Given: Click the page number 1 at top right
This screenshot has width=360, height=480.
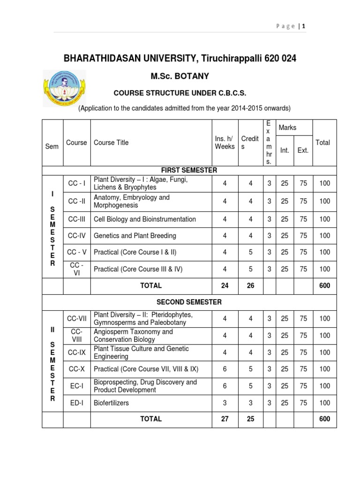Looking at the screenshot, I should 304,26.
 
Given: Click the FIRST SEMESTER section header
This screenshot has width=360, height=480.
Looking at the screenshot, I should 189,170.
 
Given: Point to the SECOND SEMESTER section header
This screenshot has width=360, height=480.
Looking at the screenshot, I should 189,302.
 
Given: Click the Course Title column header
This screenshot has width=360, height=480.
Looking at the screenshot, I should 111,142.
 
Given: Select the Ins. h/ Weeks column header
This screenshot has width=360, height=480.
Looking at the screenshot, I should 225,142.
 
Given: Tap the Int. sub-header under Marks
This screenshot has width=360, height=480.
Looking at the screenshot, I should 285,150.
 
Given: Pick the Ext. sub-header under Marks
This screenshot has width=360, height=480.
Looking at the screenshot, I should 303,150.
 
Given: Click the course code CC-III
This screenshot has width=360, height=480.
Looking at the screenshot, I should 76,219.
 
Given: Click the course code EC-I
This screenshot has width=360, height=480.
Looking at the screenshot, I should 76,386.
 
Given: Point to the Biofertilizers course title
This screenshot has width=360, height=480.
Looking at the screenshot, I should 112,403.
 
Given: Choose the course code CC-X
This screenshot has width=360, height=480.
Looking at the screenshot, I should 76,369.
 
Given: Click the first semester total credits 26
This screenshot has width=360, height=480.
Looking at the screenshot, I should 250,285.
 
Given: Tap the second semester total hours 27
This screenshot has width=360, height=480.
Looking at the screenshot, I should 225,419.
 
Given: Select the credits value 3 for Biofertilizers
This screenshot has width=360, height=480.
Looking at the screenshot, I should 250,403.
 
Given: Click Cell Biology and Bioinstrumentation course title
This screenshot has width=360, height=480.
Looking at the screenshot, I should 145,219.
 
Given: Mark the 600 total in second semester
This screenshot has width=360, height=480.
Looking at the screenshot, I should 324,419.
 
